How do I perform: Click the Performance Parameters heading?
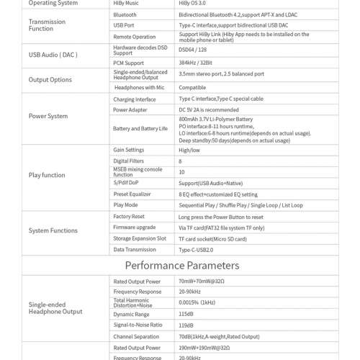181,266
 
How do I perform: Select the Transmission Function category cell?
47,25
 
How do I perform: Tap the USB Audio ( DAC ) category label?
53,55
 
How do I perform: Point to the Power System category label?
48,116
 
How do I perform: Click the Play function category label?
47,175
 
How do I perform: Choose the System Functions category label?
53,230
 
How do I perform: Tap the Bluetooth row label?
125,14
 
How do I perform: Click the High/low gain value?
189,150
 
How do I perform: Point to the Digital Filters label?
128,161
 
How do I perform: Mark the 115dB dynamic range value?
186,314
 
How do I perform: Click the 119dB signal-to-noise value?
186,325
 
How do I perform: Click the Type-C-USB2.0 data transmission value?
196,250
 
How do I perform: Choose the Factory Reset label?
129,216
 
